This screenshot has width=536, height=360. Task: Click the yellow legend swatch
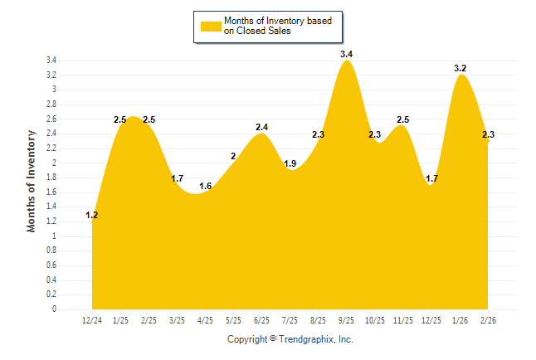tap(210, 26)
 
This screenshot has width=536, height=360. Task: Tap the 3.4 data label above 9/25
tap(347, 54)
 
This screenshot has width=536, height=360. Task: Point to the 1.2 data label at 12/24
tap(92, 216)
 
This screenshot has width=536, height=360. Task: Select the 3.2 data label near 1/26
tap(460, 68)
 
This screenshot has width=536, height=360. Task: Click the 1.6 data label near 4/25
tap(206, 186)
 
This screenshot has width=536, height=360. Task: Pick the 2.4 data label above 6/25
tap(261, 127)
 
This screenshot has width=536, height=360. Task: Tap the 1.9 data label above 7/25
tap(290, 163)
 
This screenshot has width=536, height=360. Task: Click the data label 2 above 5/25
tap(233, 156)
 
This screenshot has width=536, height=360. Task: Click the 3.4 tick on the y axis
tap(51, 61)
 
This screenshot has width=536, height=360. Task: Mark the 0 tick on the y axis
tap(54, 309)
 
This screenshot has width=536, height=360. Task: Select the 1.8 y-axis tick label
tap(51, 178)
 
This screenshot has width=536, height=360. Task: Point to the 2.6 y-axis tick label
tap(51, 119)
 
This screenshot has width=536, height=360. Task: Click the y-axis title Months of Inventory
tap(32, 181)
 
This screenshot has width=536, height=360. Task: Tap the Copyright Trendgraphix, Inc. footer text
tap(290, 339)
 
